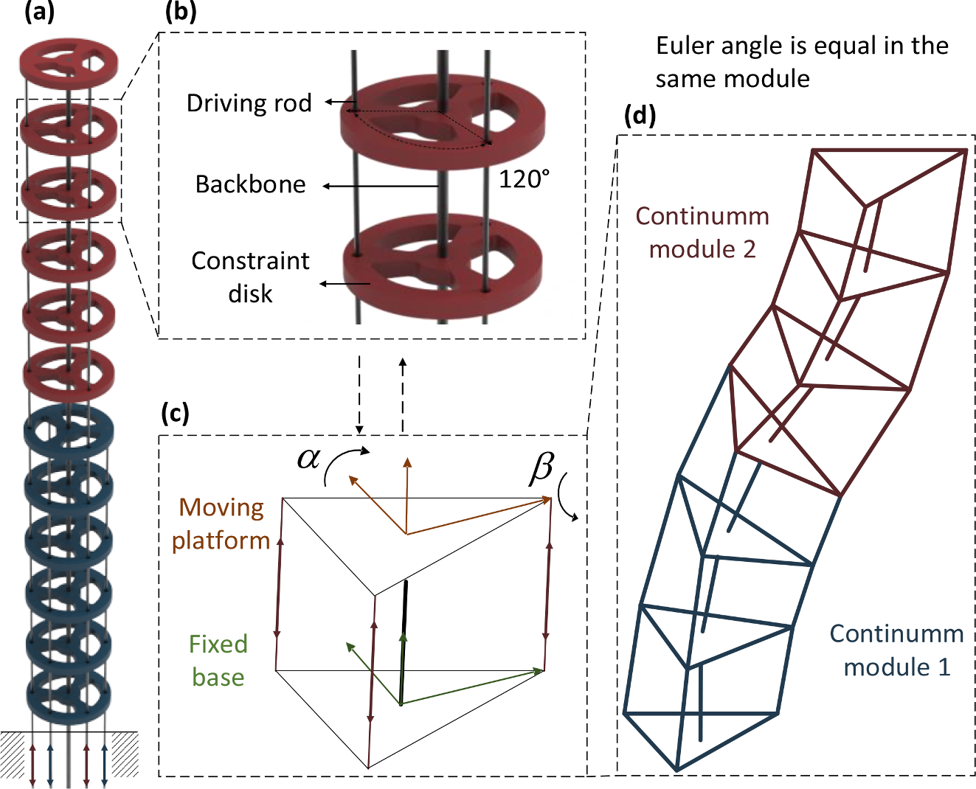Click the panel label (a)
click(x=39, y=13)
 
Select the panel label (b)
click(x=181, y=13)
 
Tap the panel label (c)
click(x=175, y=414)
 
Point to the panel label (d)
click(x=640, y=116)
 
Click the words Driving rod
click(x=249, y=103)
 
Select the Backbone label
click(x=250, y=184)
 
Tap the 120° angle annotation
click(x=524, y=179)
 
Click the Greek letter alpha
click(x=308, y=459)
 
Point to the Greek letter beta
click(x=541, y=468)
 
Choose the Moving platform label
click(x=221, y=524)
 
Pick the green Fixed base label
click(x=218, y=661)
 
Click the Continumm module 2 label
click(x=702, y=232)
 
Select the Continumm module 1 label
click(x=896, y=650)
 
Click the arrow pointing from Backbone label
click(x=380, y=187)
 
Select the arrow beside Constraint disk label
click(x=344, y=283)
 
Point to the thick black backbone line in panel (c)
click(x=404, y=642)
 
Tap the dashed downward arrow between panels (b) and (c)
click(x=359, y=395)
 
